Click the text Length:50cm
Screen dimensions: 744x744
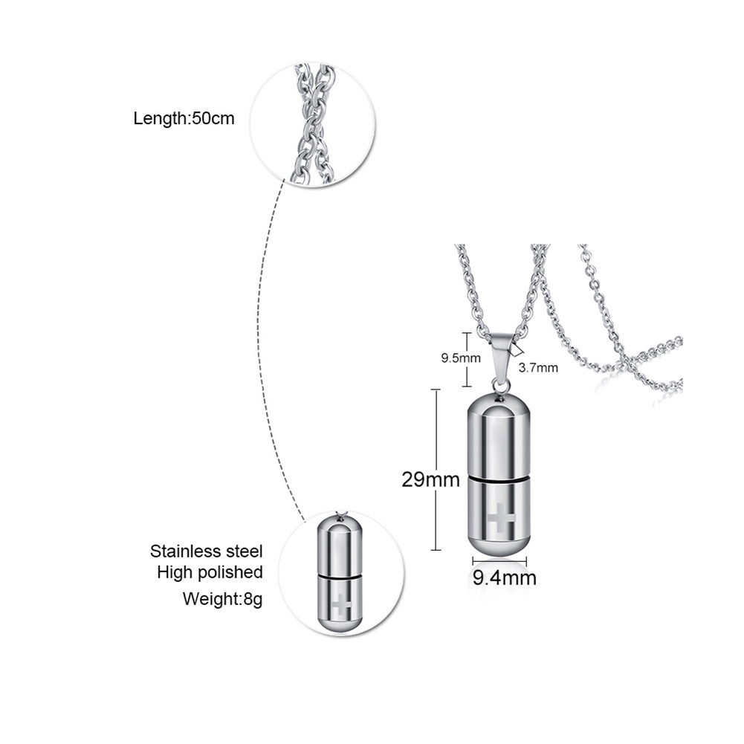(184, 118)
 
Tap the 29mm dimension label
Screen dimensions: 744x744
(430, 479)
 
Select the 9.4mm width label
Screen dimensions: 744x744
(505, 578)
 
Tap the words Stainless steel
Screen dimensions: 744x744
(207, 551)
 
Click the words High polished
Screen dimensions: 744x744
(210, 572)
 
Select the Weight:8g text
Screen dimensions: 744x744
(222, 598)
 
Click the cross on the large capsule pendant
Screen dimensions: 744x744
(501, 518)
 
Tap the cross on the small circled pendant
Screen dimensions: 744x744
(341, 606)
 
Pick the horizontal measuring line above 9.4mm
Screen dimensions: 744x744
(499, 560)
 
